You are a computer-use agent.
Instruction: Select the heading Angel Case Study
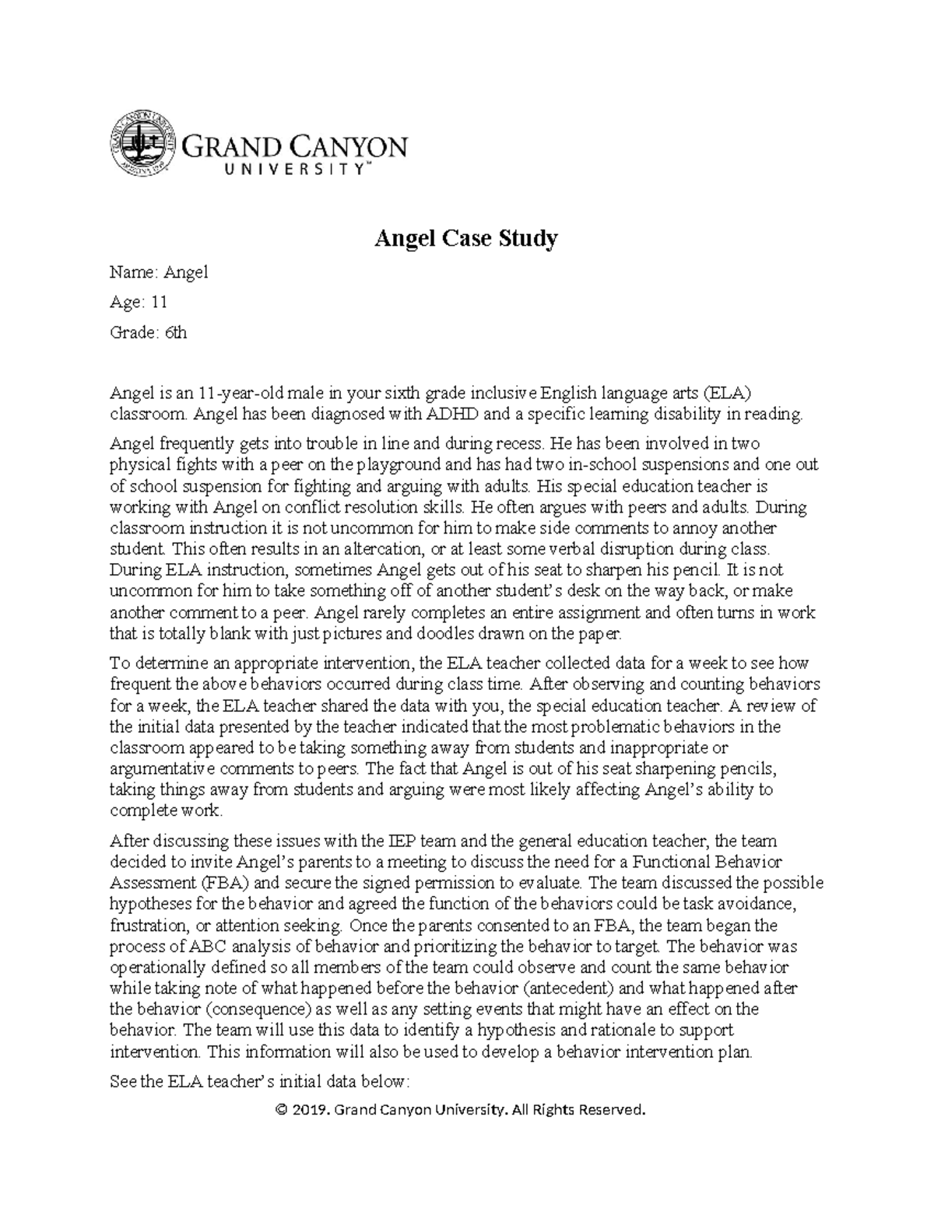(466, 239)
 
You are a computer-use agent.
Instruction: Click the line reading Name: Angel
(159, 272)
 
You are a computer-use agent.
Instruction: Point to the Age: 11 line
(139, 303)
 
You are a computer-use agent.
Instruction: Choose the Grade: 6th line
(148, 333)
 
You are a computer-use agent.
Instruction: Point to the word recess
(511, 444)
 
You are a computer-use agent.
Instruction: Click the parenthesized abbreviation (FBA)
(225, 883)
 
